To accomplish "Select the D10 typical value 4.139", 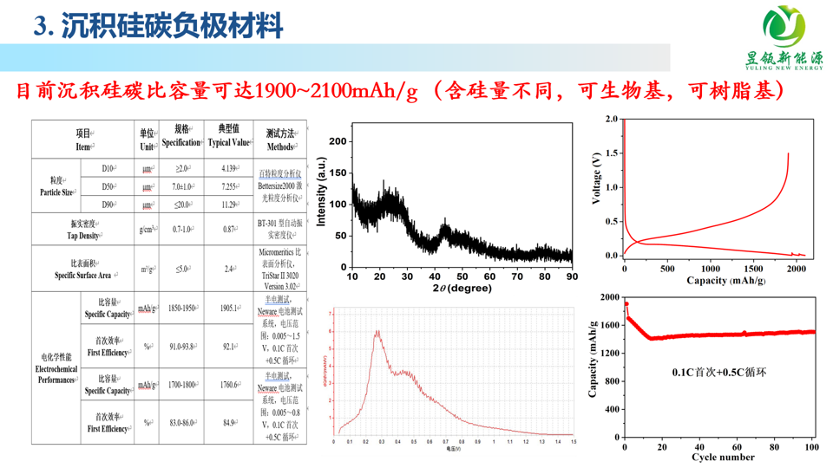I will click(x=229, y=167).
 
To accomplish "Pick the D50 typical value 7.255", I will click(x=229, y=186).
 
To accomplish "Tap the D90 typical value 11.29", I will click(x=229, y=205).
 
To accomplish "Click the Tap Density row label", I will click(x=84, y=230).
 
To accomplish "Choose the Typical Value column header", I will click(x=229, y=137).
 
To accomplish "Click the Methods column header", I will click(x=279, y=137).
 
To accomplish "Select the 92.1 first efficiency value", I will click(x=229, y=347).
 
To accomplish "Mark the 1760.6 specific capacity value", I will click(x=229, y=385).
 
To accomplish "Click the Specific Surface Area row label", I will click(x=84, y=269).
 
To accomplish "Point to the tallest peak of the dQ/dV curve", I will click(x=378, y=331).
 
